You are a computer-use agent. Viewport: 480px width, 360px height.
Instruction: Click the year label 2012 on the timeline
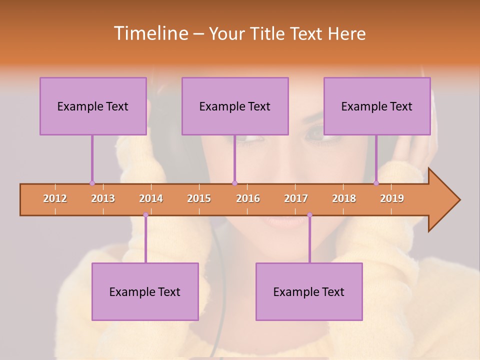click(x=55, y=198)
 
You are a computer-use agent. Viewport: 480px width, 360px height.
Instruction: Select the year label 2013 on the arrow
click(x=103, y=198)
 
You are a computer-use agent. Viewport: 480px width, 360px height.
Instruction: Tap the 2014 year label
click(x=151, y=198)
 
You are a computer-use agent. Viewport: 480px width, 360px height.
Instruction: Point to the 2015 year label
click(x=199, y=198)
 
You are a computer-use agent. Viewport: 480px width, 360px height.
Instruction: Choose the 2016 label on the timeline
click(x=248, y=198)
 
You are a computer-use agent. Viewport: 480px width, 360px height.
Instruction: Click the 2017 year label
click(x=296, y=198)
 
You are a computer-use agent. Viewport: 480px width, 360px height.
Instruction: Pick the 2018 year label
click(x=344, y=198)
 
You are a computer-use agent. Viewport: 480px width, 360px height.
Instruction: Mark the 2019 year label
click(x=392, y=198)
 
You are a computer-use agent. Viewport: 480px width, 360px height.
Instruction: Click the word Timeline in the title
click(x=150, y=33)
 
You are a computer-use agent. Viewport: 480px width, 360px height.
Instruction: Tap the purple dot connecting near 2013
click(x=92, y=183)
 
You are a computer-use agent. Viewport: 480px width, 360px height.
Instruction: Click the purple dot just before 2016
click(x=235, y=183)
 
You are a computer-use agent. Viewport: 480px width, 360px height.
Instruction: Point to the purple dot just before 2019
click(x=376, y=183)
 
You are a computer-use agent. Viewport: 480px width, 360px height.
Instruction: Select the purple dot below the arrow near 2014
click(x=145, y=215)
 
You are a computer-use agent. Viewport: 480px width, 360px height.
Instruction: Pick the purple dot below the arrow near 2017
click(x=309, y=215)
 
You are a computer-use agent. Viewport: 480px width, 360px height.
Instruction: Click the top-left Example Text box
click(x=93, y=106)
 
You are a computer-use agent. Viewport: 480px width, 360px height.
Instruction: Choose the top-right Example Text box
click(x=377, y=106)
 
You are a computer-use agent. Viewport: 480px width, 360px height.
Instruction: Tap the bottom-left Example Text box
click(x=145, y=291)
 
